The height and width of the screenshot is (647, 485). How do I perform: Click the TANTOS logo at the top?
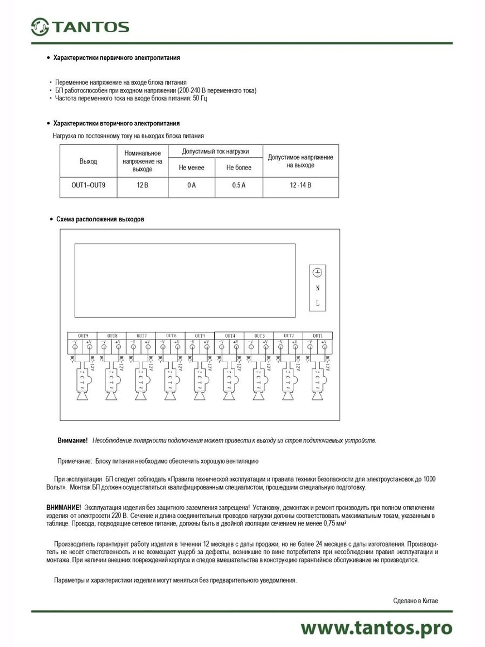80,27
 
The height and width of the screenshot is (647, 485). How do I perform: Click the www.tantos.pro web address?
376,628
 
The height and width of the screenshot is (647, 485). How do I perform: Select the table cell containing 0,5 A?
239,185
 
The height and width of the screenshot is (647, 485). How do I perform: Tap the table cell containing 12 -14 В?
300,185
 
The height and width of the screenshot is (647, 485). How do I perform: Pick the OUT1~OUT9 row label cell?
88,185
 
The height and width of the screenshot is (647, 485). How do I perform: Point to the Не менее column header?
192,168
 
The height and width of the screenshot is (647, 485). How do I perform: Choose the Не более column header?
239,168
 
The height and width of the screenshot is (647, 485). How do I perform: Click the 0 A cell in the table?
192,185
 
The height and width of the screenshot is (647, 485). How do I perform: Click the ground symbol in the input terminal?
318,273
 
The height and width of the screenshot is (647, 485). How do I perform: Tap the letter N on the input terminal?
318,288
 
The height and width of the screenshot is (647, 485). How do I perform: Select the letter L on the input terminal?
318,303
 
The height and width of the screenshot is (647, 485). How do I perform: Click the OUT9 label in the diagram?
83,336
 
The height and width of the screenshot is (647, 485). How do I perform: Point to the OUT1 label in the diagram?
318,336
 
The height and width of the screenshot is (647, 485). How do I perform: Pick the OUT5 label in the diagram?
200,336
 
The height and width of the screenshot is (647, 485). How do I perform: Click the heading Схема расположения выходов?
100,219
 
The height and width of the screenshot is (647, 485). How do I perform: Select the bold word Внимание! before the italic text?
72,441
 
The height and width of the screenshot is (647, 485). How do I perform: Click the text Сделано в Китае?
415,601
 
